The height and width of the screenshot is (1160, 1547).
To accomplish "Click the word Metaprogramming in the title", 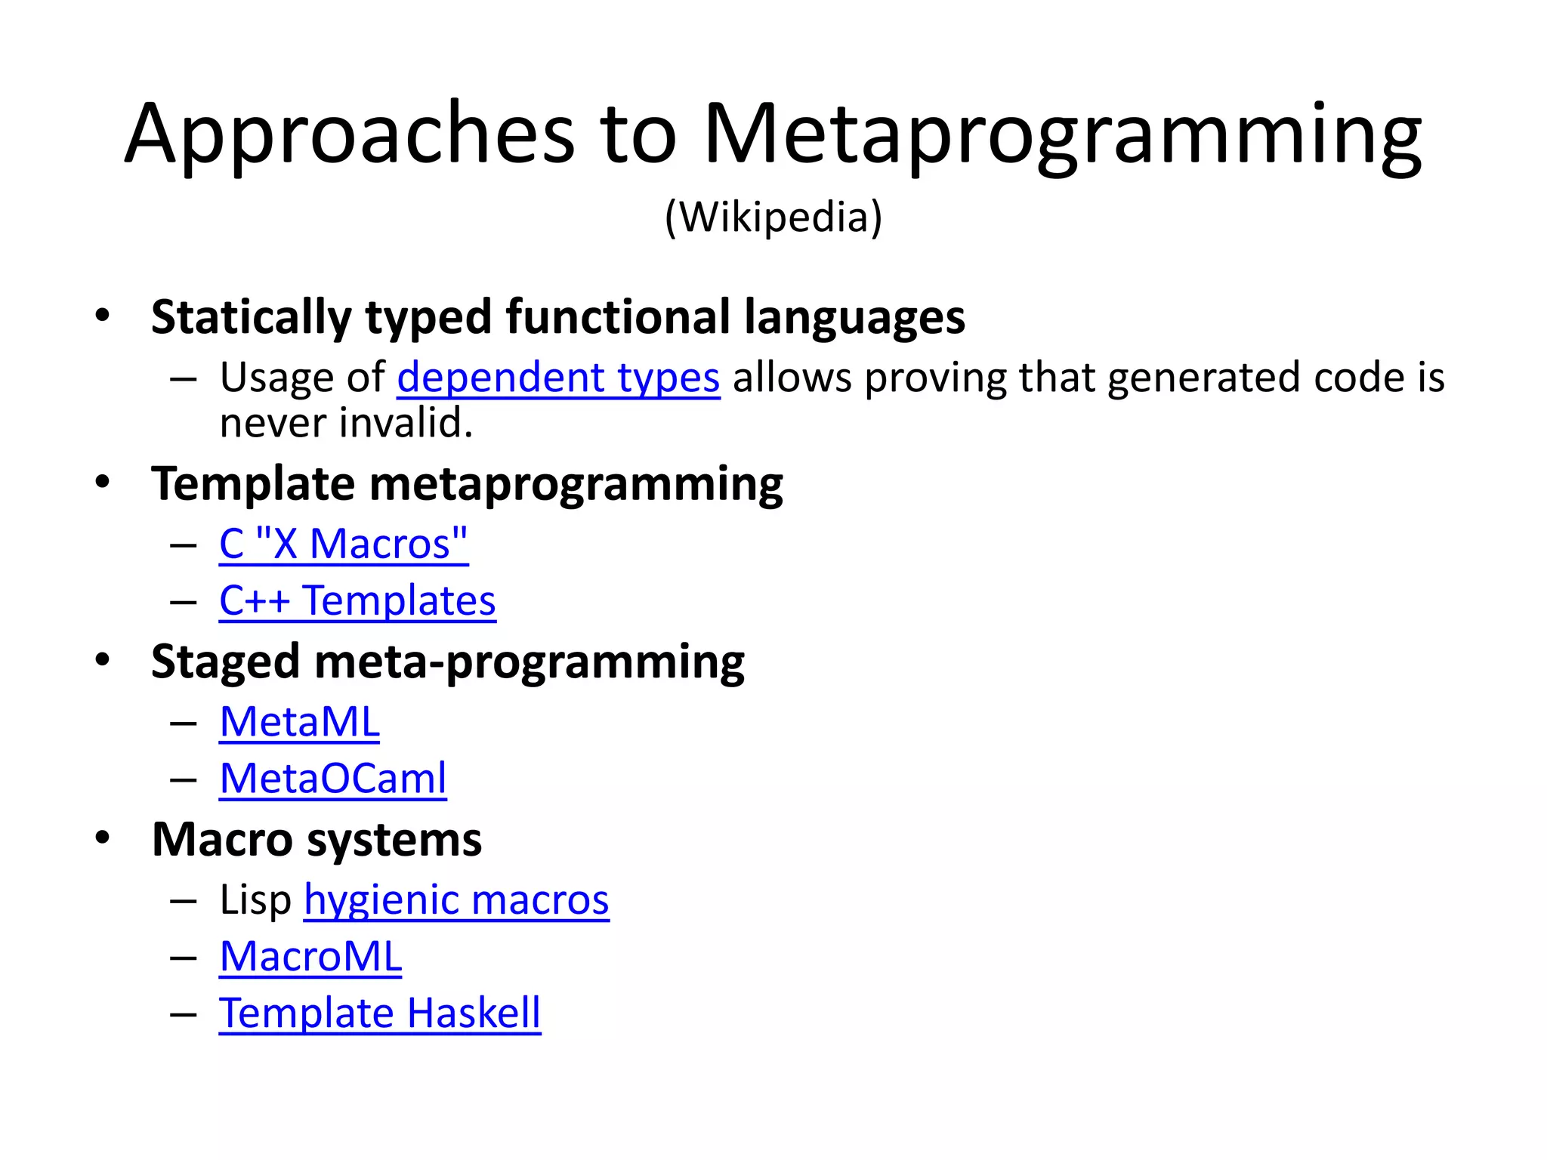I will click(x=1062, y=136).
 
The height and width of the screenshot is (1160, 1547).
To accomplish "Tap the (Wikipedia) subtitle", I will click(x=773, y=217).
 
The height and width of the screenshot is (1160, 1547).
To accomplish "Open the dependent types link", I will click(x=558, y=377).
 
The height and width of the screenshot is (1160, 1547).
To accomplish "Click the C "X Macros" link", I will click(x=344, y=543).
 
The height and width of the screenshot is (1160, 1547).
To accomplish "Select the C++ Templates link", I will click(x=357, y=600).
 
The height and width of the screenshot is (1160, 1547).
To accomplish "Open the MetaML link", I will click(x=300, y=721).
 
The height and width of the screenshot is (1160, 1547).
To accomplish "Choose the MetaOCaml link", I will click(x=333, y=778).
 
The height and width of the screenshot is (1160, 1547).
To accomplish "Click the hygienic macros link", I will click(x=456, y=899).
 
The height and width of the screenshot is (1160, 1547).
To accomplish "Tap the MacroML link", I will click(x=310, y=956).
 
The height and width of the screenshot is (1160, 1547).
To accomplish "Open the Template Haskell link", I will click(x=380, y=1013).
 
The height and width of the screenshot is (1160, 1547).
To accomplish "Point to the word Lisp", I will click(x=255, y=899).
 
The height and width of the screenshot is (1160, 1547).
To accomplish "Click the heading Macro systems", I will click(x=317, y=839).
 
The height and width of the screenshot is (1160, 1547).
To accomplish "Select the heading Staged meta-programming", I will click(x=447, y=662).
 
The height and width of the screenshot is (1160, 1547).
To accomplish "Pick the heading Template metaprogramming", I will click(x=467, y=483).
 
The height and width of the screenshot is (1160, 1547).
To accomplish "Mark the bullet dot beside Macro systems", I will click(x=103, y=838).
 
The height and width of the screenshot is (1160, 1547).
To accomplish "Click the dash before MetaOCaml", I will click(x=184, y=779).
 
